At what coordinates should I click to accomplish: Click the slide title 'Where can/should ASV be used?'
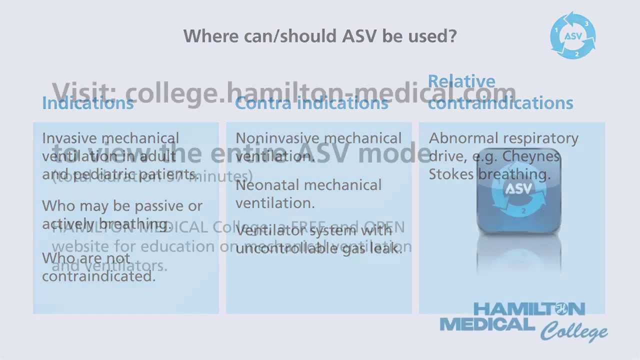click(x=320, y=36)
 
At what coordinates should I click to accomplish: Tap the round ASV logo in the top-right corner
click(x=573, y=35)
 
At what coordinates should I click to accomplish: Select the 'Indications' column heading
click(x=88, y=103)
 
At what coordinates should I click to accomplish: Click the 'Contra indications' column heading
click(x=311, y=103)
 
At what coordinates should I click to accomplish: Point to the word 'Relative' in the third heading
click(x=461, y=81)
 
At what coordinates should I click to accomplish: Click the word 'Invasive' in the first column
click(x=70, y=138)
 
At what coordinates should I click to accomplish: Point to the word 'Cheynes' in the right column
click(x=531, y=156)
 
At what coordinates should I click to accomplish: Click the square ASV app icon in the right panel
click(x=519, y=191)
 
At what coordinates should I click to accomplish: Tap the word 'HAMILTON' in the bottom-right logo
click(x=528, y=309)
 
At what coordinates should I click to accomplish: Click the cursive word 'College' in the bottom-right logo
click(x=573, y=331)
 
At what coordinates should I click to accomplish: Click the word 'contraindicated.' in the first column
click(x=99, y=276)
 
